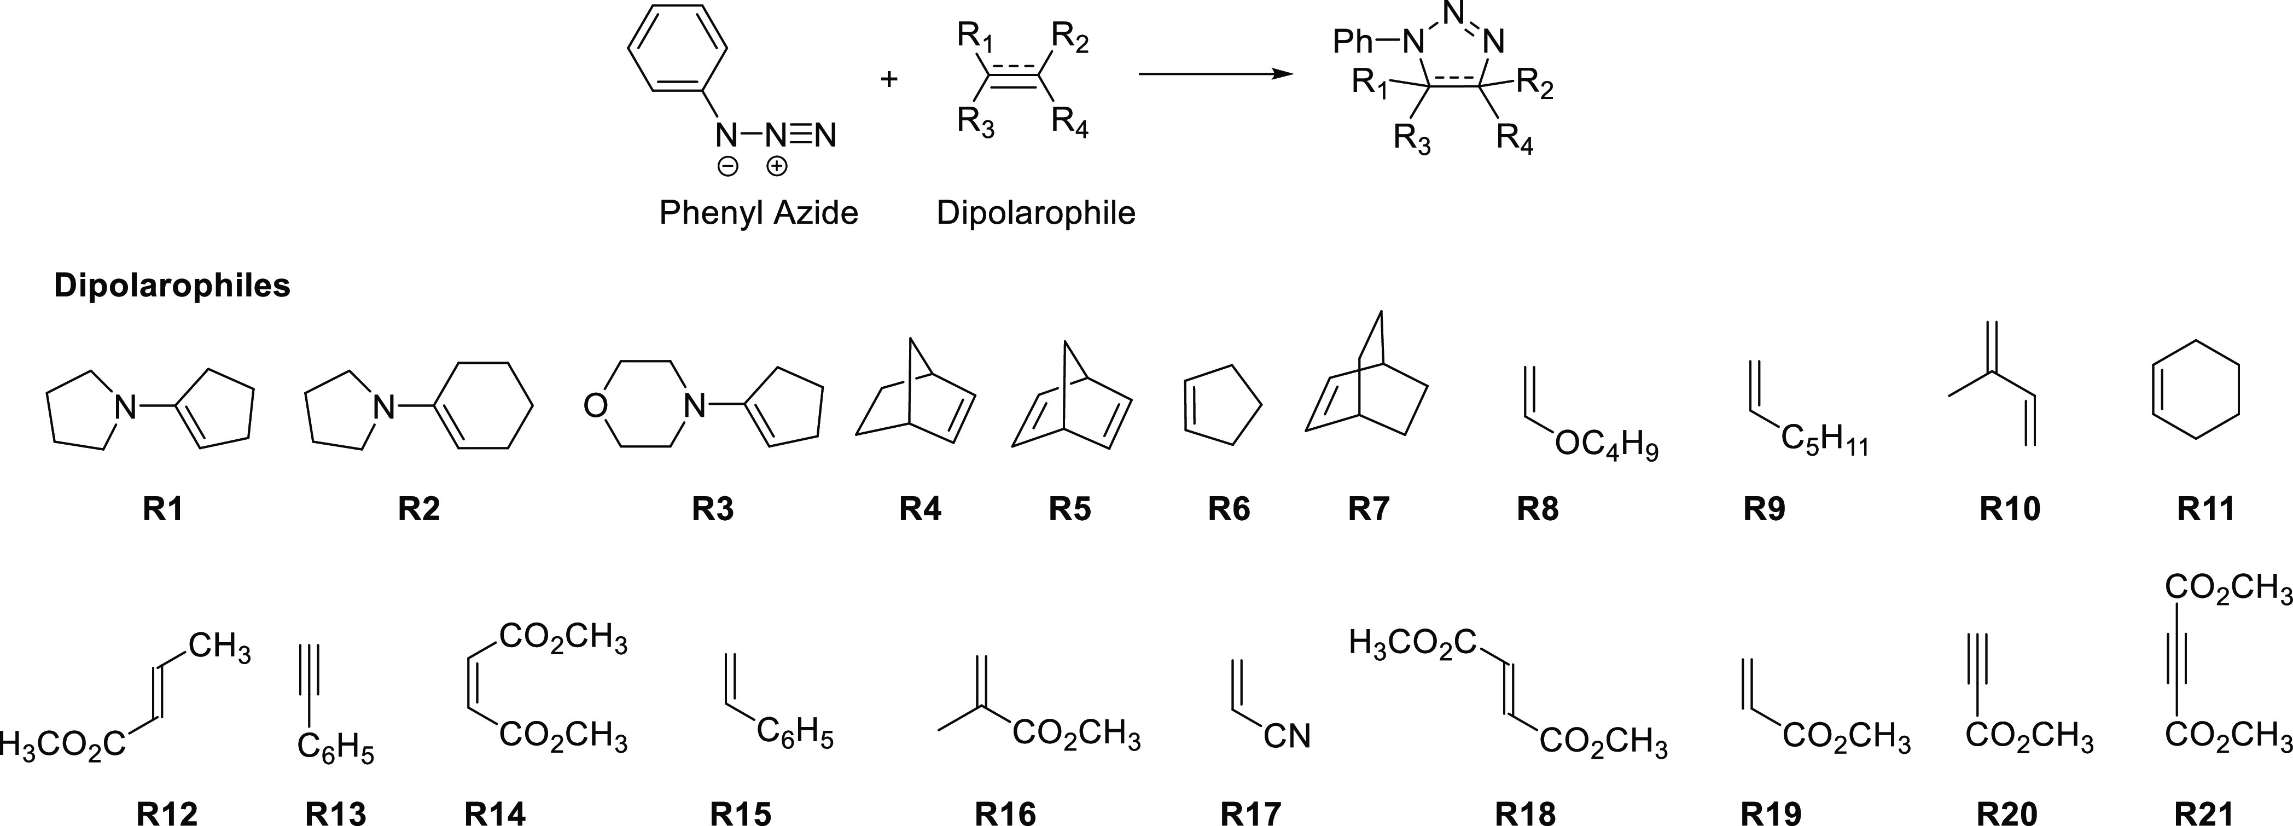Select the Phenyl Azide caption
pyautogui.click(x=758, y=213)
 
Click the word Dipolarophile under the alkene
pyautogui.click(x=1036, y=213)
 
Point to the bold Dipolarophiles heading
pyautogui.click(x=172, y=286)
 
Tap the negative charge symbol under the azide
pyautogui.click(x=728, y=166)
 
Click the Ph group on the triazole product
pyautogui.click(x=1355, y=42)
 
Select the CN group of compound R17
pyautogui.click(x=1287, y=736)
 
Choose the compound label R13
pyautogui.click(x=336, y=813)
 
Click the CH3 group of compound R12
pyautogui.click(x=219, y=648)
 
